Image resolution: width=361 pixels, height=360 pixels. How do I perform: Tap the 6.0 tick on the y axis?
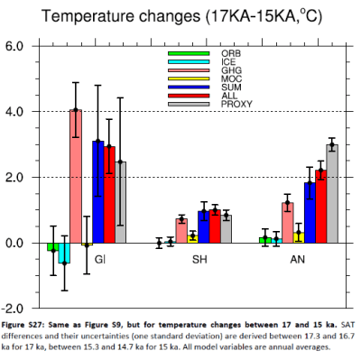(x=19, y=45)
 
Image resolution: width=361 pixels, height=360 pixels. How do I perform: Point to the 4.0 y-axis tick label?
(x=19, y=111)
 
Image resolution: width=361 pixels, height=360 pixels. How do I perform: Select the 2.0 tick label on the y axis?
(x=19, y=177)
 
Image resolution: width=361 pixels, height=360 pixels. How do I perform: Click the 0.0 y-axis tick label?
(x=19, y=243)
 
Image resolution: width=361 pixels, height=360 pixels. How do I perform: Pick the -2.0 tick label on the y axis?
(x=17, y=309)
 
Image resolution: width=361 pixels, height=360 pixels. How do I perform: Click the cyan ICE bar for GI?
(x=64, y=253)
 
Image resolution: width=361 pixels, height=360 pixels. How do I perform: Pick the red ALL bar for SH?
(x=215, y=226)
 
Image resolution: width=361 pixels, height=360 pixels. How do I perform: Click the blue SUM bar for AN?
(x=310, y=212)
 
